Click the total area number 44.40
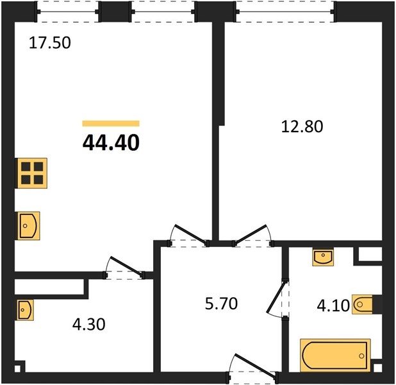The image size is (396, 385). [111, 142]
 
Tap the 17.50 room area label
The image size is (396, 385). [50, 42]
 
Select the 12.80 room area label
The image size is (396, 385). [302, 126]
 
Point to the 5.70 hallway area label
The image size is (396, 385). [221, 304]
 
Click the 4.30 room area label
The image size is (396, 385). [88, 324]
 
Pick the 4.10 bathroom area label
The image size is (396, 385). [333, 305]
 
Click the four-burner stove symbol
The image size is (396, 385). [32, 173]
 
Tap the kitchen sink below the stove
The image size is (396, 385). [29, 226]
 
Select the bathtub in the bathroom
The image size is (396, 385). [335, 355]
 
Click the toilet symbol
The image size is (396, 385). [363, 304]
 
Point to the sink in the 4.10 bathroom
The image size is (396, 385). [323, 257]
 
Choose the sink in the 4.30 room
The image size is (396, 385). [25, 310]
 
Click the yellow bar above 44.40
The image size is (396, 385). [111, 123]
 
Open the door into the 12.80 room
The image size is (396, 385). [252, 235]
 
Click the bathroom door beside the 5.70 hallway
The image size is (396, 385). [277, 298]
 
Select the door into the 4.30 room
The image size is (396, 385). [124, 268]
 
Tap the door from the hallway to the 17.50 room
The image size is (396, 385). [188, 235]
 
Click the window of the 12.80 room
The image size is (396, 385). [285, 12]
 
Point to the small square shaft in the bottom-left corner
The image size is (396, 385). [17, 369]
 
